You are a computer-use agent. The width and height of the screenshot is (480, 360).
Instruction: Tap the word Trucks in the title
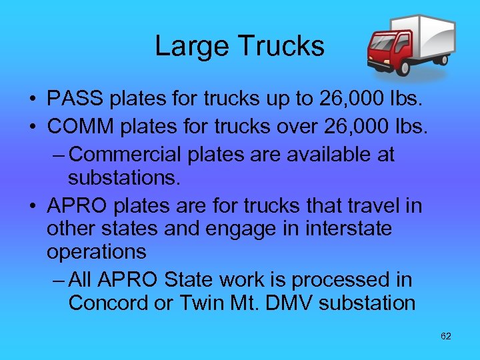281,47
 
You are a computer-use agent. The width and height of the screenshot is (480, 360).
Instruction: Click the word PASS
75,99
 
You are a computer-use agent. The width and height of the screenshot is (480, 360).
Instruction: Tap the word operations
96,253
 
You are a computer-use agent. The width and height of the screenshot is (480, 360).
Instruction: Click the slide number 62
446,336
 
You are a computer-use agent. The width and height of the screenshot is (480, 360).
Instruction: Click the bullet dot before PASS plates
32,101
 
